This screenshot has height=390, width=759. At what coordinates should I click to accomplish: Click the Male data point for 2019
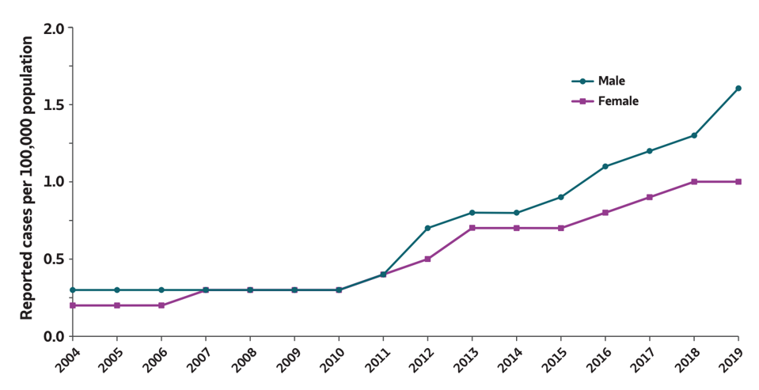point(738,88)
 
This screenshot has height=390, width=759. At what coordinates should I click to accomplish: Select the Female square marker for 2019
point(738,181)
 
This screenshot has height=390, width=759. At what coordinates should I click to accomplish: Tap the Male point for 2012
point(427,228)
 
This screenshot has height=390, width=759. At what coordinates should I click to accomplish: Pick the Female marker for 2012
point(427,259)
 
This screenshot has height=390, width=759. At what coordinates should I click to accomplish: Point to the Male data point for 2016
point(605,166)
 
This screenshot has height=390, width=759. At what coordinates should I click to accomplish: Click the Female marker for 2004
point(73,305)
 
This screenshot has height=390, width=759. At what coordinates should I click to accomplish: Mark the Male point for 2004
point(73,290)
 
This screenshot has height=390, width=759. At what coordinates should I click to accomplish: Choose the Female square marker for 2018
point(694,181)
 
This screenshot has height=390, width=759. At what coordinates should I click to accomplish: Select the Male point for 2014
point(516,213)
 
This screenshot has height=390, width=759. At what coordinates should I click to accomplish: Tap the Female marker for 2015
point(560,228)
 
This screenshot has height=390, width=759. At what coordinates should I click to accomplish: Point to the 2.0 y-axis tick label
point(53,28)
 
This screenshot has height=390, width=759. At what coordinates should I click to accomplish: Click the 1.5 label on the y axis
point(53,104)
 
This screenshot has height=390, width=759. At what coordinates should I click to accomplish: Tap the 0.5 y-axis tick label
point(53,259)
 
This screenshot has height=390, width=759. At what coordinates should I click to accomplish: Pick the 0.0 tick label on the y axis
point(53,336)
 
